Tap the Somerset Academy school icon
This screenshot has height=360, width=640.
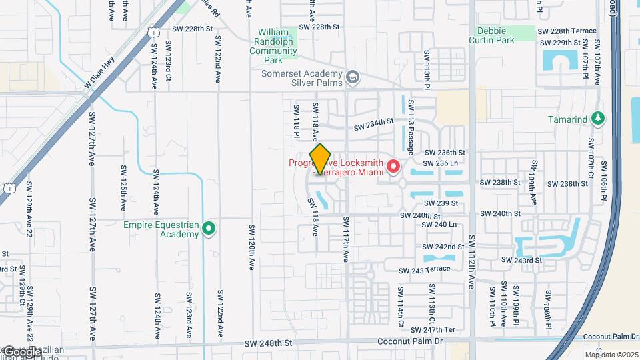click(352, 78)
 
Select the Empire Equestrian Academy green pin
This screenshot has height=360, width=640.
click(209, 229)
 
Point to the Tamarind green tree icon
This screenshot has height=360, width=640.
click(599, 119)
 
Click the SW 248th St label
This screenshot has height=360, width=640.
click(268, 343)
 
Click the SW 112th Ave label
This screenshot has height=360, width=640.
click(471, 261)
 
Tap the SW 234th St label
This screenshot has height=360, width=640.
click(374, 124)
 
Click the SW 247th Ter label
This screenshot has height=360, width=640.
click(433, 330)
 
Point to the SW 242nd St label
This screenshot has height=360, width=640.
click(444, 247)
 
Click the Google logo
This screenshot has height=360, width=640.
click(21, 351)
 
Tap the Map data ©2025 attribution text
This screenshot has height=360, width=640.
click(611, 355)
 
